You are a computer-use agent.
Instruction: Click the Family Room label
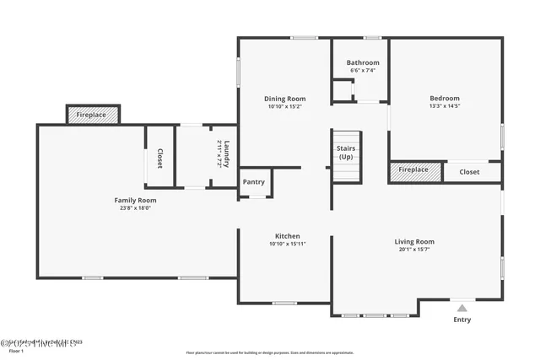click(x=135, y=200)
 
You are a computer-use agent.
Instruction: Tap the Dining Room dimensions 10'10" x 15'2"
click(x=284, y=107)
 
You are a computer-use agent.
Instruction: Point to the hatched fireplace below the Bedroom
click(x=413, y=169)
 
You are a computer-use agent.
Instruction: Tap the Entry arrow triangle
click(x=462, y=309)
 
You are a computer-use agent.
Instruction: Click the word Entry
click(x=462, y=320)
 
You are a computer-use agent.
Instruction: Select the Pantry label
click(x=254, y=182)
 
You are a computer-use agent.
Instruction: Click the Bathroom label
click(x=363, y=62)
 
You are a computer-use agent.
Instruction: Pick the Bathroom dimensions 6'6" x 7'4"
click(x=363, y=70)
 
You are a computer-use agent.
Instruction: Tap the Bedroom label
click(x=445, y=99)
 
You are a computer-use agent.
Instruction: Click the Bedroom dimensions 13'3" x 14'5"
click(x=445, y=107)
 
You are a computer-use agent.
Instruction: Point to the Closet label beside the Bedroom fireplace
click(x=469, y=172)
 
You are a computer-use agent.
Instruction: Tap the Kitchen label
click(x=287, y=236)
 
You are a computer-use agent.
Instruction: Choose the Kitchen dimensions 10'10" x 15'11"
click(x=287, y=244)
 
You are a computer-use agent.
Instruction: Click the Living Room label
click(x=414, y=242)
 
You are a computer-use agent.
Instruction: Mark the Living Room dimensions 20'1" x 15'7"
click(x=414, y=250)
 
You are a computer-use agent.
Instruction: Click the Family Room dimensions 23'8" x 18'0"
click(x=135, y=208)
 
